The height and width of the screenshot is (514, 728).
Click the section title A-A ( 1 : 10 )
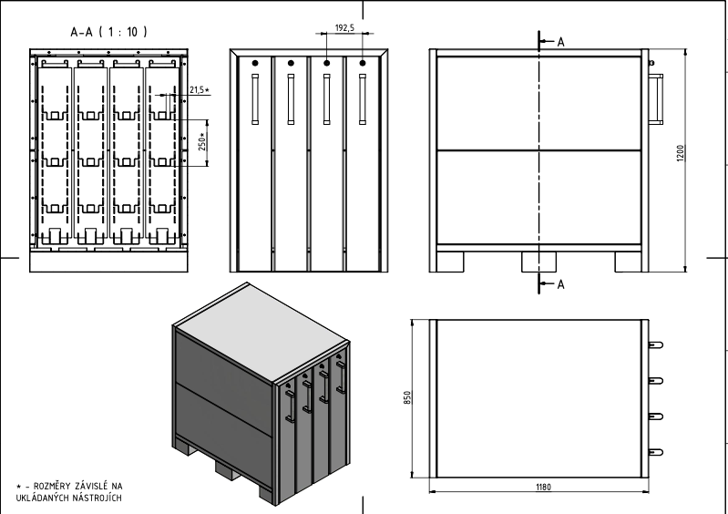pos(108,32)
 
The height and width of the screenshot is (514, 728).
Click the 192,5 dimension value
pos(344,28)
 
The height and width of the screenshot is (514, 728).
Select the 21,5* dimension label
pos(200,89)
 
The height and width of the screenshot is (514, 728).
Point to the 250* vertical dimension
pos(202,141)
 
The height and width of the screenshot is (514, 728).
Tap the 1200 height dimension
pos(681,153)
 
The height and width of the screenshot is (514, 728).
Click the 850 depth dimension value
pos(407,397)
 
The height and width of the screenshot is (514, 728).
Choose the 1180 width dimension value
pos(543,487)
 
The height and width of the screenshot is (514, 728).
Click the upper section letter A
pos(561,42)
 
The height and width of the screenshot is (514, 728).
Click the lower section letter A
pos(561,284)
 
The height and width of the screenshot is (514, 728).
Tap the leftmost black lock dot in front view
pos(255,63)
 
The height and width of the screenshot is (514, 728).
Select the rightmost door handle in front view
pos(363,99)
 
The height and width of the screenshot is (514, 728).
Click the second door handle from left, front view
pos(291,99)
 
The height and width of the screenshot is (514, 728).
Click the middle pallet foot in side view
pos(538,262)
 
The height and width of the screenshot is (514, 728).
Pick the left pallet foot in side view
pos(450,262)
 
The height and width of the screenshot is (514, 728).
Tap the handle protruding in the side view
pos(656,99)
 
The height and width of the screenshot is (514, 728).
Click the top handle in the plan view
pos(656,345)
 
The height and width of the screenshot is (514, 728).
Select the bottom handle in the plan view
pos(656,452)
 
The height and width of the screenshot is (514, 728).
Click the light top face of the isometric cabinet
pos(262,331)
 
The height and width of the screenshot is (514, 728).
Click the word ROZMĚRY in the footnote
pos(52,486)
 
